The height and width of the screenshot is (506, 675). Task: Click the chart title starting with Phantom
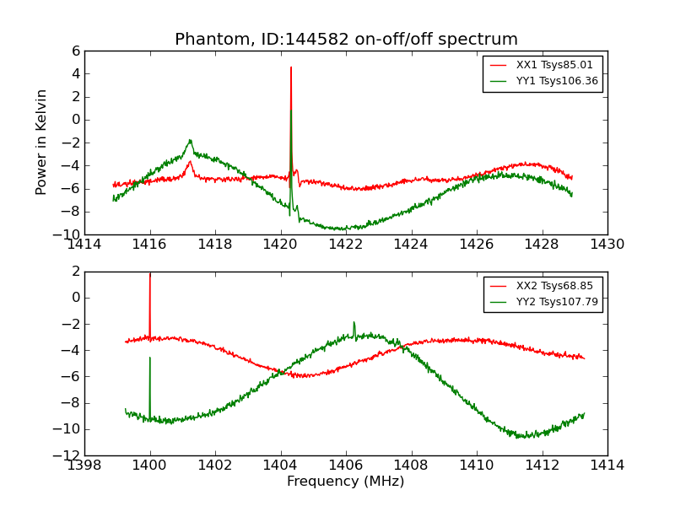tap(346, 40)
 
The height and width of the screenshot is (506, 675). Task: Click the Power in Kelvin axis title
tap(42, 142)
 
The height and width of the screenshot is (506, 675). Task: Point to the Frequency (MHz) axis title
tap(346, 482)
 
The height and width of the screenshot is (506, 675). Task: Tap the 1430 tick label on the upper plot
tap(607, 245)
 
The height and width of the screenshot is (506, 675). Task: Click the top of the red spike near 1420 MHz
tap(291, 67)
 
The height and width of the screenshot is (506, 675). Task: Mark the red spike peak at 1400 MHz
tap(150, 274)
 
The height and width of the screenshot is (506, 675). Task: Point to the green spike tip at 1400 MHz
tap(150, 358)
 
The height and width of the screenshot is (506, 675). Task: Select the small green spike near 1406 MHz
tap(354, 322)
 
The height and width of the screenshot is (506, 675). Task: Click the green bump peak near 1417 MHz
tap(190, 140)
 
